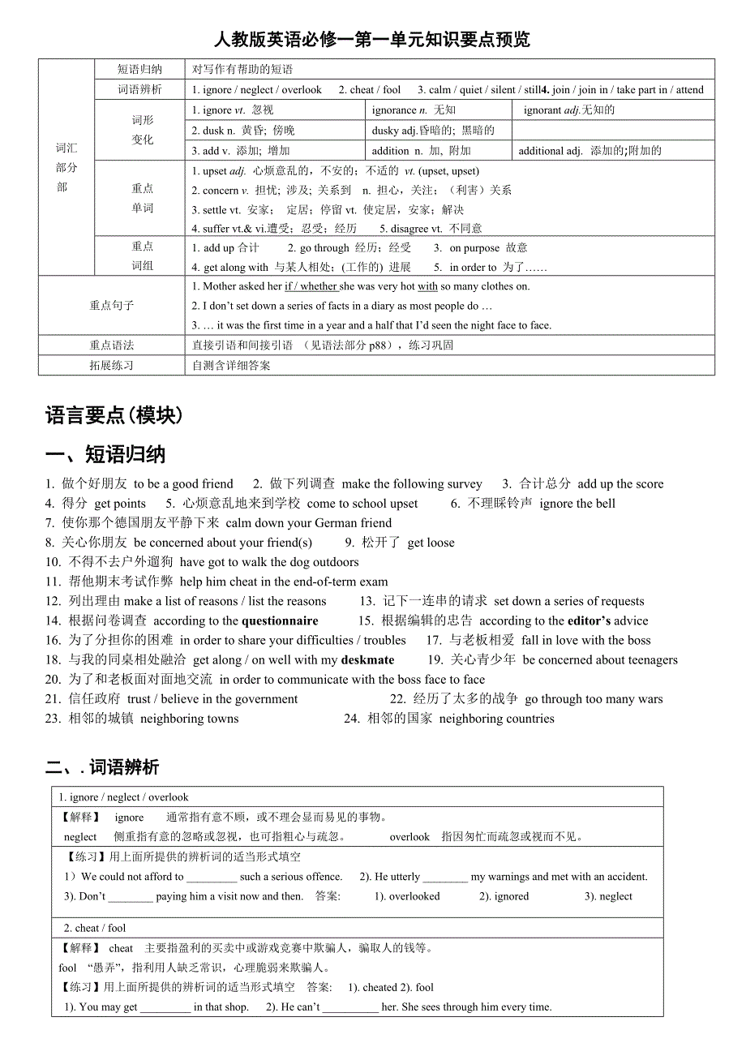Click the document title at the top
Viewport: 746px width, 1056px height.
[372, 40]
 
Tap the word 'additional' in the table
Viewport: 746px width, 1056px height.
[541, 151]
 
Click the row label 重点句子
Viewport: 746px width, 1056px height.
[112, 306]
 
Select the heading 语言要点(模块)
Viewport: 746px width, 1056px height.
[114, 416]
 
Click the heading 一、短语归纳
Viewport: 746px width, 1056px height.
[105, 455]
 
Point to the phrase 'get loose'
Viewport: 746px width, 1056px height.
[431, 543]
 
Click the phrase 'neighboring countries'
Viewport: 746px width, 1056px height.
[496, 719]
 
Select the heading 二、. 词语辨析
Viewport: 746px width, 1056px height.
[102, 766]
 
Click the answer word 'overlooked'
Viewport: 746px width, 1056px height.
[414, 897]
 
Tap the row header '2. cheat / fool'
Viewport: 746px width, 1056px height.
[95, 928]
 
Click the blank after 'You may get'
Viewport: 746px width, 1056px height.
[165, 1007]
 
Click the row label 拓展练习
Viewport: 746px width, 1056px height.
[112, 366]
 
